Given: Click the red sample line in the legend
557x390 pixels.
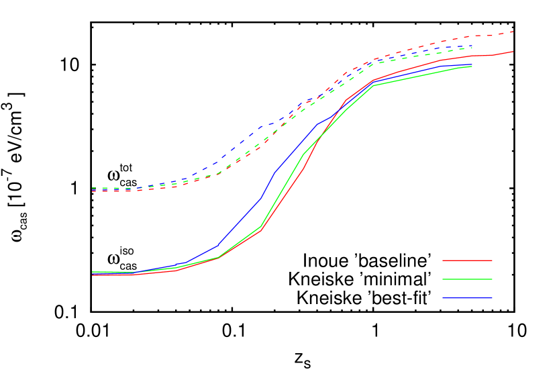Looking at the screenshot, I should point(467,260).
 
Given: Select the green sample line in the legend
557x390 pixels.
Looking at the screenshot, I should point(467,279).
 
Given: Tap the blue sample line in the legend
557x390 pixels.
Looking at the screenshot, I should point(467,298).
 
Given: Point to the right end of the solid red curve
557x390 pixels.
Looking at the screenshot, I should point(513,51).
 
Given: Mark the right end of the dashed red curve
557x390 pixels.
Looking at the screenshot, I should point(513,32).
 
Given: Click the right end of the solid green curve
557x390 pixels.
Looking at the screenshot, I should point(472,66).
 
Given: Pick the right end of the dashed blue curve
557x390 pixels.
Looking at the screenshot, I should point(472,46).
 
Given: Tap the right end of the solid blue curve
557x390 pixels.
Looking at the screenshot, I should point(472,64).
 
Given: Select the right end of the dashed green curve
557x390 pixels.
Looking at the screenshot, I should point(472,48).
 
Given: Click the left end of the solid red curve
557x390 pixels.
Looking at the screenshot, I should point(92,275).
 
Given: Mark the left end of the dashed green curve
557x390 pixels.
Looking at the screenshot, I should point(92,189).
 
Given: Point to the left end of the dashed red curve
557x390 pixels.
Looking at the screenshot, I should point(92,191).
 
